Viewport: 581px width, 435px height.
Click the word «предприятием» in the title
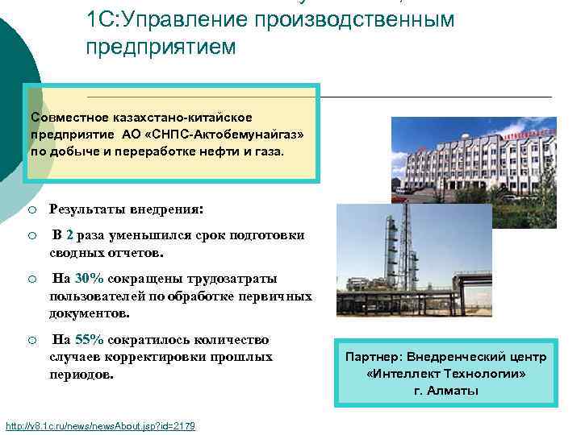pos(161,48)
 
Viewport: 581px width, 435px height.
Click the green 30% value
pos(89,279)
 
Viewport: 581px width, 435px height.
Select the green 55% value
pos(89,340)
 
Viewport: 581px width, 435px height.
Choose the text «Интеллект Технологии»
pos(445,374)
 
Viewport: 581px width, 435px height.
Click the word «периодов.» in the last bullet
pos(82,375)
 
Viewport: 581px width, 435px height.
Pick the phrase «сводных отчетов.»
pos(106,252)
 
